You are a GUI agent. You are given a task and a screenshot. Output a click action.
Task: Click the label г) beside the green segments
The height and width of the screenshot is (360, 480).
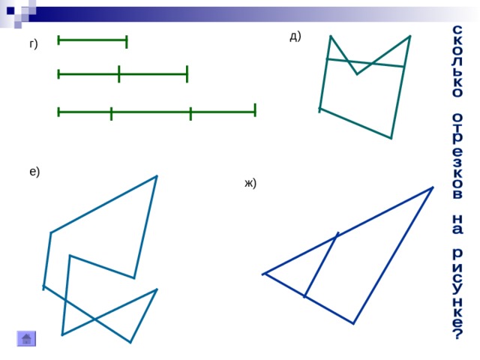pyautogui.click(x=34, y=44)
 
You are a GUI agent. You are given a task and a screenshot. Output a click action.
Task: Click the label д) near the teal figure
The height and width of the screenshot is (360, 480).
pyautogui.click(x=295, y=37)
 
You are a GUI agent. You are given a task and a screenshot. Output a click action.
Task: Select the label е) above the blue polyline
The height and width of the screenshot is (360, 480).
pyautogui.click(x=34, y=172)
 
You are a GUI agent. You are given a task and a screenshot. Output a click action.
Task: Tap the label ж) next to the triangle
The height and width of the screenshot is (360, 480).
pyautogui.click(x=250, y=183)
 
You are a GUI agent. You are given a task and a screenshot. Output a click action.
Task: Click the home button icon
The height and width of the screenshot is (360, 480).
pyautogui.click(x=26, y=338)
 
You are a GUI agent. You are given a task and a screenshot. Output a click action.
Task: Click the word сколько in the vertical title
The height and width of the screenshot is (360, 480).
pyautogui.click(x=457, y=61)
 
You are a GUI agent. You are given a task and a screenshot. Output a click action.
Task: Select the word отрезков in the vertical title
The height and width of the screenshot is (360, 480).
pyautogui.click(x=457, y=157)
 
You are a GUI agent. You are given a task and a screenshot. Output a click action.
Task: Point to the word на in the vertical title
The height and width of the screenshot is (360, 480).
pyautogui.click(x=457, y=224)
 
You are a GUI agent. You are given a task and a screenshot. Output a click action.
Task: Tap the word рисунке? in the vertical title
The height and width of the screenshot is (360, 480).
pyautogui.click(x=457, y=293)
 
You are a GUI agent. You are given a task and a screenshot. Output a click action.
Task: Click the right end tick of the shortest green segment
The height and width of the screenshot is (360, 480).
pyautogui.click(x=127, y=42)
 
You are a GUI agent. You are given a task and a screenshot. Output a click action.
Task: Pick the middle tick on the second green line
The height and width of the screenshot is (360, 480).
pyautogui.click(x=119, y=73)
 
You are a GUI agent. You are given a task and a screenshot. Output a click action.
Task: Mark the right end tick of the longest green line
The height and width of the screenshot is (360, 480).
pyautogui.click(x=255, y=110)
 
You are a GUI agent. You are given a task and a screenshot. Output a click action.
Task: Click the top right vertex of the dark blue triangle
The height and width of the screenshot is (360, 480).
pyautogui.click(x=433, y=187)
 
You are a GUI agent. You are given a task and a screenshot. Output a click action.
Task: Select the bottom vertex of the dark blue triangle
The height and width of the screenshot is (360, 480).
pyautogui.click(x=353, y=323)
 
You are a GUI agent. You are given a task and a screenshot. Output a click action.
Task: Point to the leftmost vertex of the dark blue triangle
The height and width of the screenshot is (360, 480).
pyautogui.click(x=263, y=274)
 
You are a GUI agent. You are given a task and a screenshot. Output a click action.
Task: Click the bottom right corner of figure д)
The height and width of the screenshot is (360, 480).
pyautogui.click(x=391, y=138)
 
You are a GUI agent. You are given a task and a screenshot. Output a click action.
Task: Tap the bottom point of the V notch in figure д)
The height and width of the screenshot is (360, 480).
pyautogui.click(x=357, y=74)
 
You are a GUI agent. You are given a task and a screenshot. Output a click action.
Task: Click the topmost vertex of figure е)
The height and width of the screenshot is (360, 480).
pyautogui.click(x=157, y=175)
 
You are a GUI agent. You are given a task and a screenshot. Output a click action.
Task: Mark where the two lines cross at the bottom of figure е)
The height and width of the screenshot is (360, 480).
pyautogui.click(x=94, y=319)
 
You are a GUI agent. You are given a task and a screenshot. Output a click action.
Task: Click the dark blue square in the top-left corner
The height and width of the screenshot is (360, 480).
pyautogui.click(x=10, y=11)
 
